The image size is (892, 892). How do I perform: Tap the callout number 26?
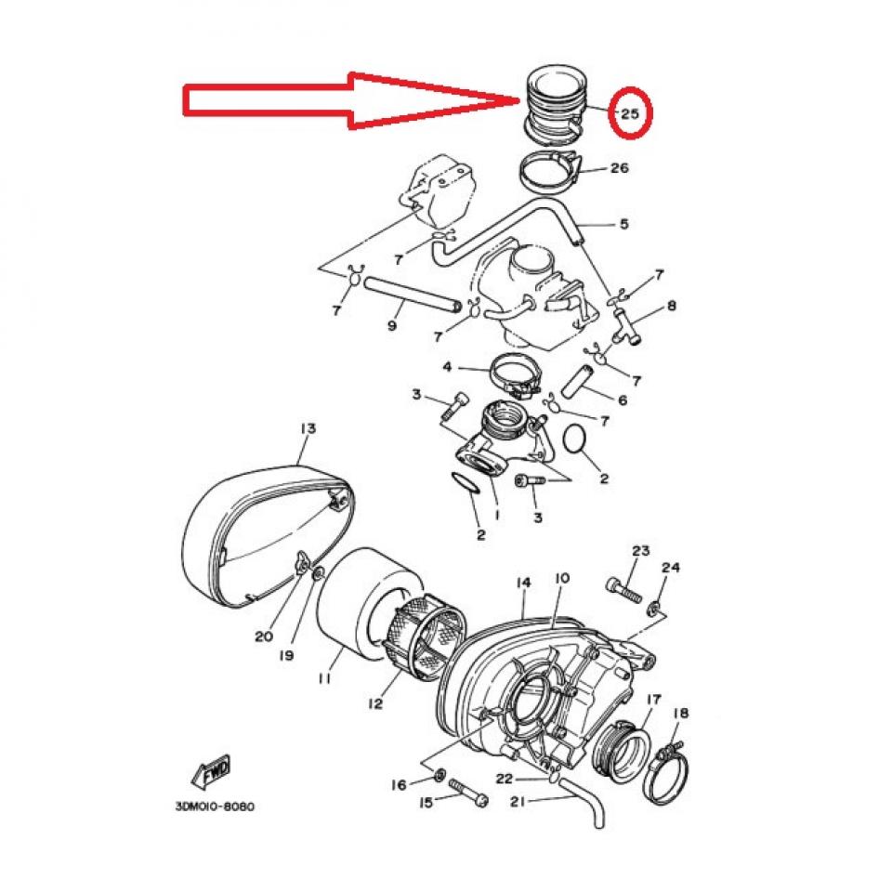point(619,168)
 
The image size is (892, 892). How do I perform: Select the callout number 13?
point(308,428)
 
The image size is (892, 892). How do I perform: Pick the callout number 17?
point(653,698)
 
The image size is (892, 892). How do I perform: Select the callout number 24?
point(671,568)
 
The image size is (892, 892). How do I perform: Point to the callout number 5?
point(623,224)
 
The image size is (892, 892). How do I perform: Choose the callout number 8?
point(671,305)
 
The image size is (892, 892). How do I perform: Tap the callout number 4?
point(447,367)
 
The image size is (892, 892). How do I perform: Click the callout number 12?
point(374,703)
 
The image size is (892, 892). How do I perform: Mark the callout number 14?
point(523,583)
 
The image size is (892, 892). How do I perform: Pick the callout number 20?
point(263,636)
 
